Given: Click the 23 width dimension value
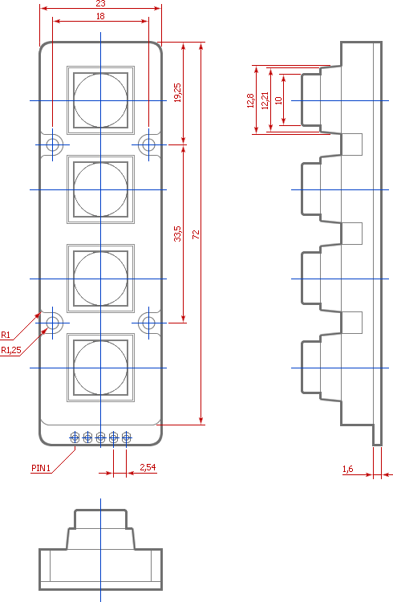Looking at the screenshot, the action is click(100, 3).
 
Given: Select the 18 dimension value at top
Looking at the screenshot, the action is click(100, 16).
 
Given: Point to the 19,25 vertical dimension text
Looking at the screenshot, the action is click(177, 92).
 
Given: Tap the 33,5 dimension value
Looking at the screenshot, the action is click(177, 234).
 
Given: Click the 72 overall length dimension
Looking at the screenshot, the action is click(196, 234).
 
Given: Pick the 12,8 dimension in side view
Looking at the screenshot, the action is click(250, 100).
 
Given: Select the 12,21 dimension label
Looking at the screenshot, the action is click(265, 100).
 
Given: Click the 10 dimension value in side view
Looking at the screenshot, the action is click(278, 100).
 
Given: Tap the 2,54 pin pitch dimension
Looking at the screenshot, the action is click(148, 467).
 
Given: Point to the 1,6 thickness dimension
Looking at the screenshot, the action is click(348, 469).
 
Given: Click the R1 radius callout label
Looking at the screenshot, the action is click(6, 335).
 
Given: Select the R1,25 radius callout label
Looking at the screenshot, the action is click(10, 350).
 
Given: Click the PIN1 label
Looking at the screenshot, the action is click(41, 468).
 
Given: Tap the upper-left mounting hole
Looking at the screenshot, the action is click(53, 144).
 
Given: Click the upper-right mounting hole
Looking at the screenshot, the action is click(148, 144).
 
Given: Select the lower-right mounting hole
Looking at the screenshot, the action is click(148, 323).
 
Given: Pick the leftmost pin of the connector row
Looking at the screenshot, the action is click(75, 437).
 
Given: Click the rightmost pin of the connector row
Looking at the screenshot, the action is click(126, 437).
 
